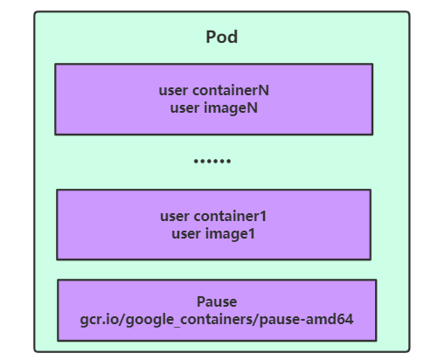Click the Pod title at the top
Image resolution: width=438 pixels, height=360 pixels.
tap(222, 37)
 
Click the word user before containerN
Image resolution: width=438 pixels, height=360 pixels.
tap(174, 90)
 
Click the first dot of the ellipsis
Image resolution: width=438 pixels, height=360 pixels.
tap(197, 162)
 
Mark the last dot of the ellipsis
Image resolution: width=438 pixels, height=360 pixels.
tap(229, 162)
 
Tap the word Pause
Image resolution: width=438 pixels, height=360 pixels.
tap(217, 302)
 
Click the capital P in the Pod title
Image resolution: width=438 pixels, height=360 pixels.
tap(211, 37)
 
